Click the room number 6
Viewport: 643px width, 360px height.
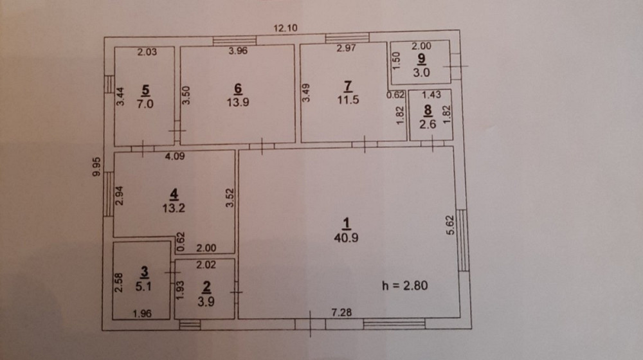(237, 88)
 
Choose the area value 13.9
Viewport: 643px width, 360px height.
(237, 101)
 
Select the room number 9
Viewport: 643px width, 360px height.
(422, 59)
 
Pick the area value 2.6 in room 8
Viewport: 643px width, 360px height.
(428, 125)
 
